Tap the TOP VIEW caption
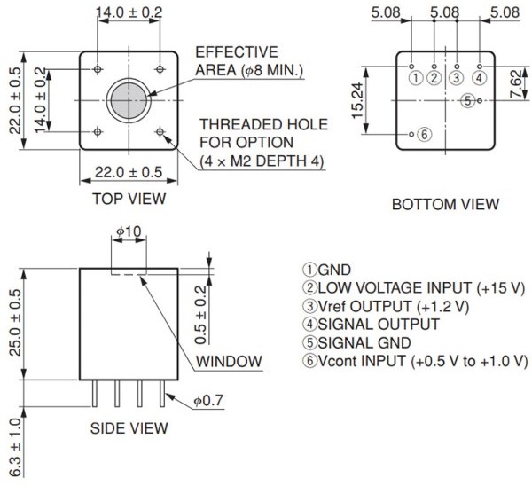[x=129, y=199]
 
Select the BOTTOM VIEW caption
[x=445, y=205]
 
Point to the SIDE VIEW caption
[x=129, y=428]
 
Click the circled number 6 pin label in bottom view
[x=424, y=135]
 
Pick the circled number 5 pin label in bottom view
[x=467, y=100]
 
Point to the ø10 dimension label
[x=129, y=231]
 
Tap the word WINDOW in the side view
[x=229, y=361]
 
